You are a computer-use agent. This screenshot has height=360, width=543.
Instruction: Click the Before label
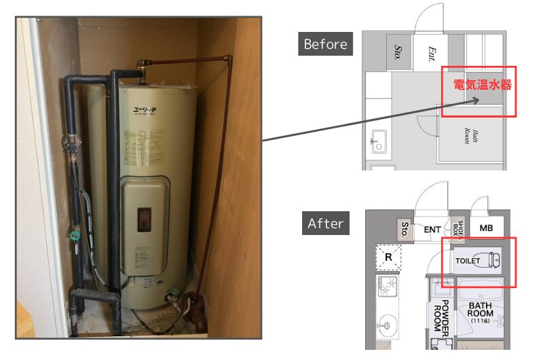click(x=325, y=45)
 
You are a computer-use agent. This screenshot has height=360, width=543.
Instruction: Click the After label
click(x=325, y=223)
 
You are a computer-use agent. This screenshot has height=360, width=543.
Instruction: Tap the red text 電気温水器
click(x=482, y=86)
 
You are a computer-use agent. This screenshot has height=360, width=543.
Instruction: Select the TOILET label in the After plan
click(x=468, y=261)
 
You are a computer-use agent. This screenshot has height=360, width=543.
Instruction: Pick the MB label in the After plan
click(x=486, y=228)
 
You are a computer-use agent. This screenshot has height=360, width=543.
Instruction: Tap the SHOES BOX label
click(x=460, y=229)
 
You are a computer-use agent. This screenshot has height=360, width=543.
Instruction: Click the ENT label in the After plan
click(x=432, y=230)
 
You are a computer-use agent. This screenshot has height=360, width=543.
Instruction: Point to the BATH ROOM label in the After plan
click(x=480, y=310)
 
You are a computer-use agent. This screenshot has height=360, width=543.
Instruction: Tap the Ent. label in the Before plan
click(x=431, y=54)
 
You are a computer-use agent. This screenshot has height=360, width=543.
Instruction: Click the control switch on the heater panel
click(x=145, y=217)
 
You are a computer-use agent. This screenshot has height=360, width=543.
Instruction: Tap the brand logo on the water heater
click(x=144, y=108)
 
